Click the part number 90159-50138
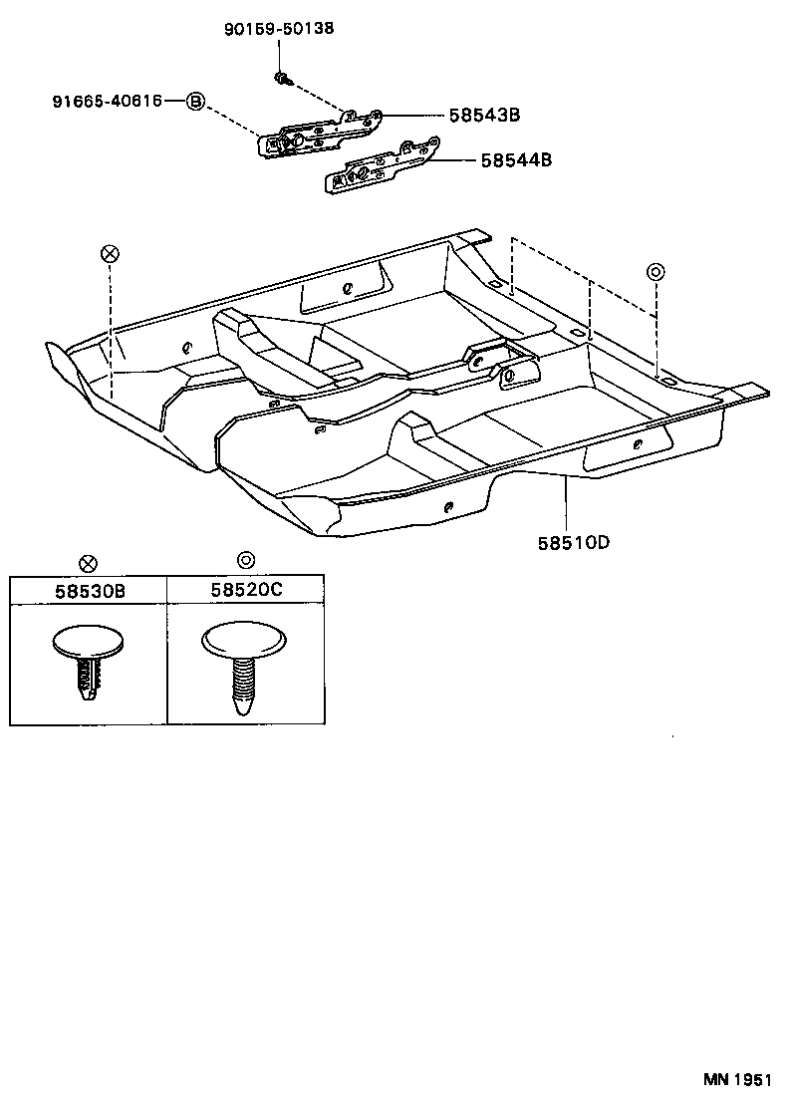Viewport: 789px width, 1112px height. pos(278,29)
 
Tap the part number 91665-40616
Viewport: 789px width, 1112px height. pos(109,101)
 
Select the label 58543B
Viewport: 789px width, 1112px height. pos(484,116)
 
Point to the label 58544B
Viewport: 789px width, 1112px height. pos(516,159)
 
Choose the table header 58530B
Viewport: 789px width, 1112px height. pos(89,591)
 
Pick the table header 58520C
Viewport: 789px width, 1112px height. pos(246,590)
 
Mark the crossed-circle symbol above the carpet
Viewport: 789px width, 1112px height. pos(110,253)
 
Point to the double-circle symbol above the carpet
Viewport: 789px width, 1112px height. pos(656,271)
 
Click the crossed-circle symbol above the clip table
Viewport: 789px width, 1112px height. pos(89,563)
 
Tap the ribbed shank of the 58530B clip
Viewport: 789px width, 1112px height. pos(89,681)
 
